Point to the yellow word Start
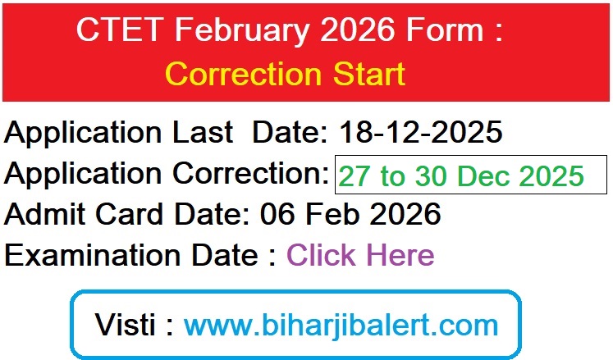365,74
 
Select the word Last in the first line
208,131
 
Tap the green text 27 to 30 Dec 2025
461,175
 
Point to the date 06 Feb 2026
350,214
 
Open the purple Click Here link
359,255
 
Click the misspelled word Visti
125,324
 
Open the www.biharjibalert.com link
341,324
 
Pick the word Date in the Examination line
221,255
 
